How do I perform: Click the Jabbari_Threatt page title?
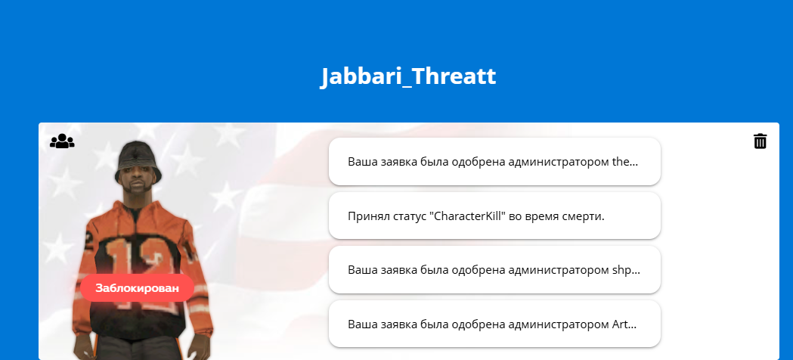click(x=409, y=76)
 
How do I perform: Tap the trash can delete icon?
click(x=760, y=141)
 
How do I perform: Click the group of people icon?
click(x=62, y=141)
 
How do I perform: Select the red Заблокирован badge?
click(x=137, y=288)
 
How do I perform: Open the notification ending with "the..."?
click(x=494, y=162)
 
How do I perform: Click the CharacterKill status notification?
click(x=494, y=216)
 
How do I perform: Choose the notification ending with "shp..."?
click(x=494, y=270)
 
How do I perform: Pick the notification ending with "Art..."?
click(x=494, y=324)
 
